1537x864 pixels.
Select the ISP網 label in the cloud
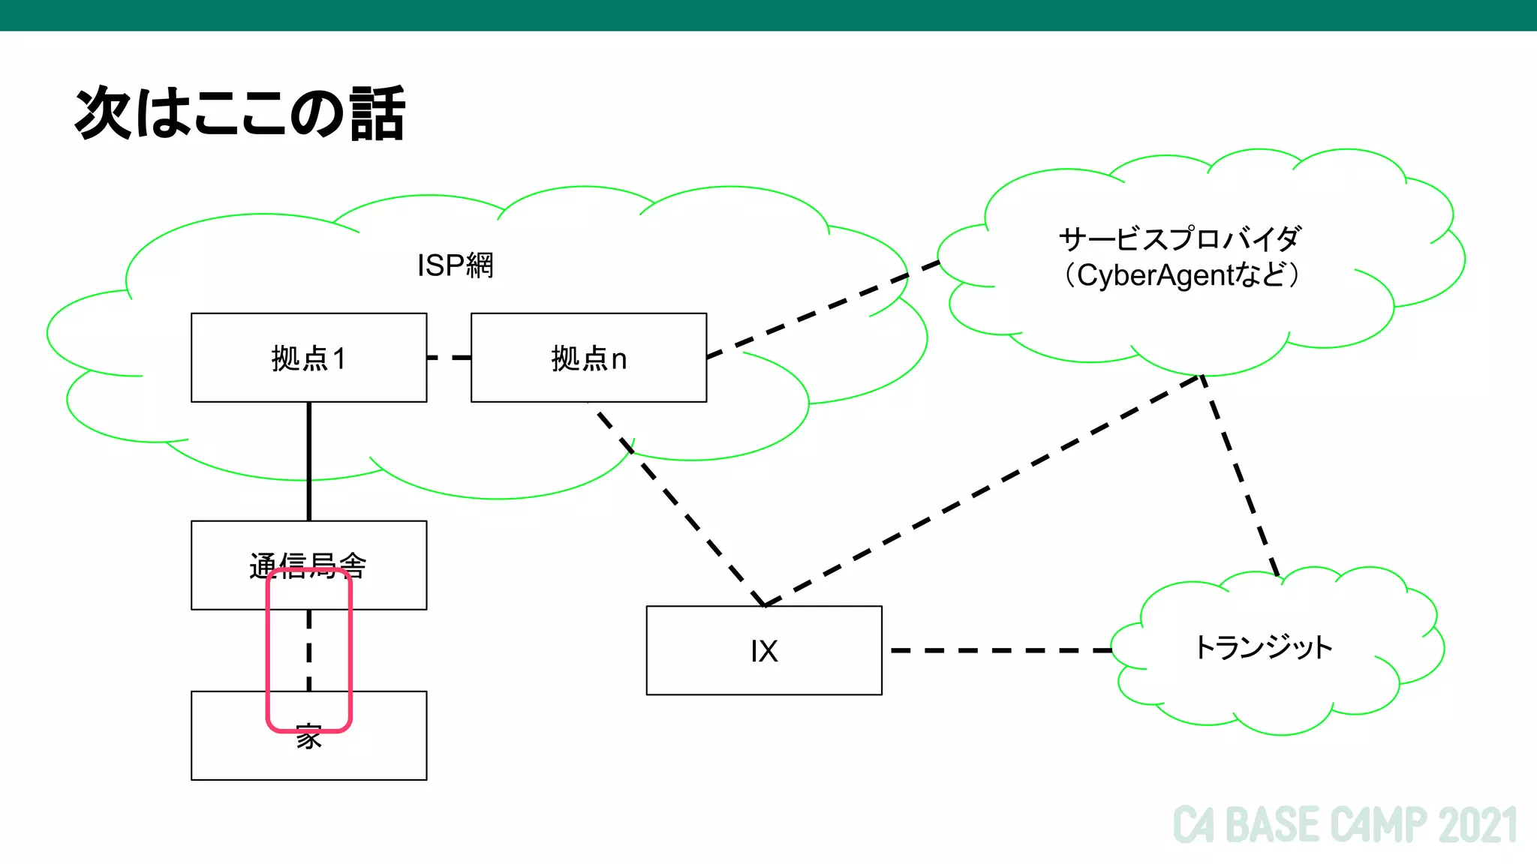pos(455,265)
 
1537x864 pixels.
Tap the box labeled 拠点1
pos(308,358)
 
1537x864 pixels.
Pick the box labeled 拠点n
pos(588,358)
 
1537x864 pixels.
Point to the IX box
pos(764,650)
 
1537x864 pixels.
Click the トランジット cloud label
pos(1263,647)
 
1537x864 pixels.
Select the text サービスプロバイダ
pos(1179,239)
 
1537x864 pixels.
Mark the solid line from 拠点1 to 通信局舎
pos(308,461)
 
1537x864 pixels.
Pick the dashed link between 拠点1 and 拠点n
pos(449,358)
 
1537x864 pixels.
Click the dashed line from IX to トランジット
pos(998,650)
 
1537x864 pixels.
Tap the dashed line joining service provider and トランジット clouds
pos(1240,475)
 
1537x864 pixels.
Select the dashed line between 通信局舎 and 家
pos(308,649)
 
